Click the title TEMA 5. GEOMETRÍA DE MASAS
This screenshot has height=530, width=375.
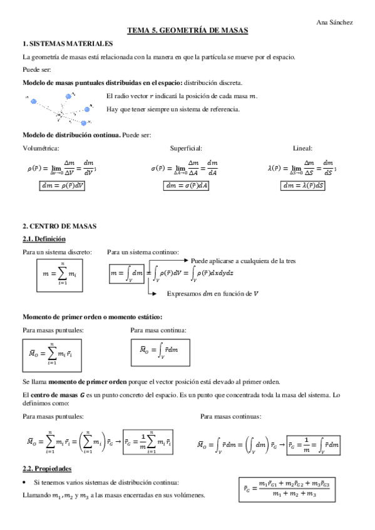click(188, 30)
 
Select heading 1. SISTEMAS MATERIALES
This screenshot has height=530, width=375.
click(68, 43)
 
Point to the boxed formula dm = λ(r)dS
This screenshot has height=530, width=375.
click(303, 185)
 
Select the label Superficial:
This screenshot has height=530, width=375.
click(186, 148)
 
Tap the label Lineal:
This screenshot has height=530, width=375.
click(302, 148)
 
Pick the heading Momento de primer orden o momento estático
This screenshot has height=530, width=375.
click(92, 316)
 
